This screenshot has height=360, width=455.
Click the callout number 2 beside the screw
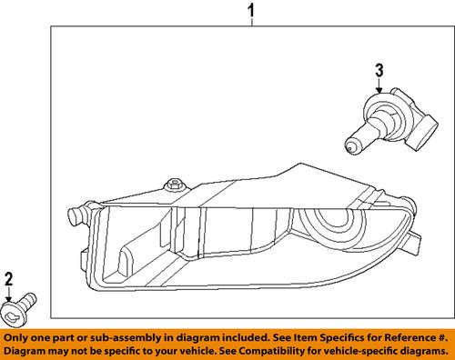tap(8, 277)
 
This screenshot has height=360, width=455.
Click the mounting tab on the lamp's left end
tap(76, 216)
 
